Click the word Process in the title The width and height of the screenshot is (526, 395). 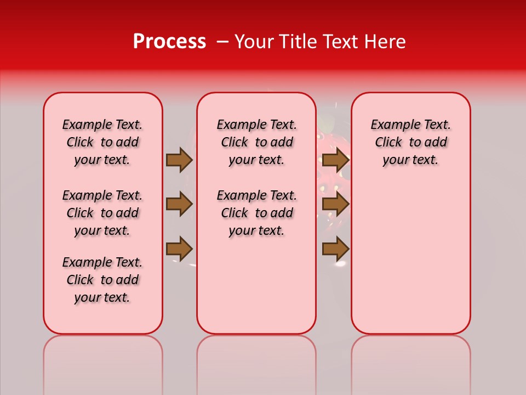[169, 41]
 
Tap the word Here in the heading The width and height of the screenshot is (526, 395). [385, 41]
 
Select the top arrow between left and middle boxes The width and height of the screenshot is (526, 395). [179, 160]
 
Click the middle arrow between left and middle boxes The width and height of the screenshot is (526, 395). [179, 204]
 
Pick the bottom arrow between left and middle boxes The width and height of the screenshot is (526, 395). [179, 249]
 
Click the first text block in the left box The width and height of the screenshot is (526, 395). [102, 142]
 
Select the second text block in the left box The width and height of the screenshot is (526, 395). [102, 213]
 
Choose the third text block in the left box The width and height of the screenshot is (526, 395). [102, 280]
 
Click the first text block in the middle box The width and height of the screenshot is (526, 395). [256, 142]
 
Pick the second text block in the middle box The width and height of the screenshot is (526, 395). [256, 213]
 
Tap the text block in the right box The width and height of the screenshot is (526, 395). [410, 142]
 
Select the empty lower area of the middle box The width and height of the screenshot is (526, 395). [256, 285]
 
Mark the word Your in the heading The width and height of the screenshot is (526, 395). [254, 41]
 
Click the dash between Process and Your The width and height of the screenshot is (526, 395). [223, 41]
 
